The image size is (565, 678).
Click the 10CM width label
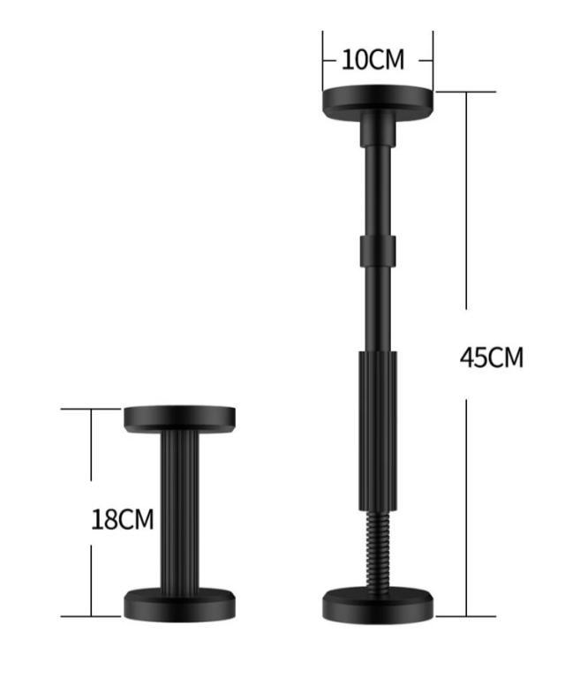[373, 60]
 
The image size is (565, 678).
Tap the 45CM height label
[492, 358]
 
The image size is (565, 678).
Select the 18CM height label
[123, 519]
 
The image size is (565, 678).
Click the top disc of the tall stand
[378, 102]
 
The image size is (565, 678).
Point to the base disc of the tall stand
[378, 606]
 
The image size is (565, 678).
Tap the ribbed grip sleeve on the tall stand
[378, 431]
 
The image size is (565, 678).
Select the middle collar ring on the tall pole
[378, 252]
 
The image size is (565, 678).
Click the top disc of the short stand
[180, 418]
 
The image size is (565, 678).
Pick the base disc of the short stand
[180, 605]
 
